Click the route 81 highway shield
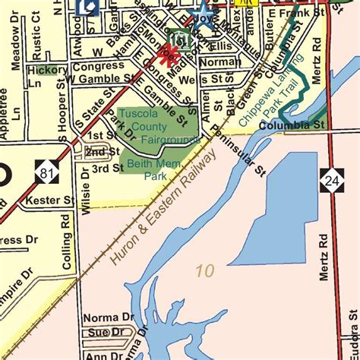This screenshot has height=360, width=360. pos(49,174)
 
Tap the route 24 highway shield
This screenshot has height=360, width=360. pos(332,181)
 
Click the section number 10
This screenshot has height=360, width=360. pos(203,270)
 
